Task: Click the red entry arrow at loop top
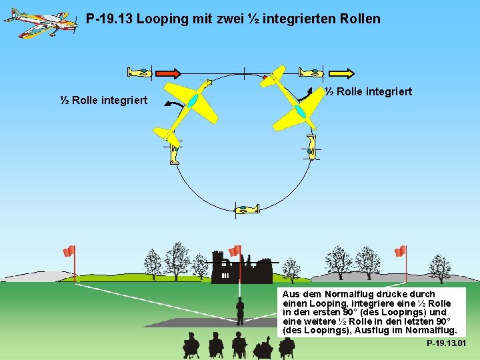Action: pyautogui.click(x=169, y=73)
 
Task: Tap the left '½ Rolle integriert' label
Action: pyautogui.click(x=103, y=101)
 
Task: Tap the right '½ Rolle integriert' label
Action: pyautogui.click(x=368, y=91)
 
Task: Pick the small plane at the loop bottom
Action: pyautogui.click(x=247, y=209)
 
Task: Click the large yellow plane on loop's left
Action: pyautogui.click(x=189, y=103)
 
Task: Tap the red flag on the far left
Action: pyautogui.click(x=69, y=251)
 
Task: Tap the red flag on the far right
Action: pyautogui.click(x=400, y=251)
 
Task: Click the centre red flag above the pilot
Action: pyautogui.click(x=235, y=251)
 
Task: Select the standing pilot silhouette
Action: pyautogui.click(x=240, y=311)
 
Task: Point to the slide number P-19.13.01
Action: pyautogui.click(x=446, y=343)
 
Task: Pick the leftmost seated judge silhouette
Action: pyautogui.click(x=191, y=345)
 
